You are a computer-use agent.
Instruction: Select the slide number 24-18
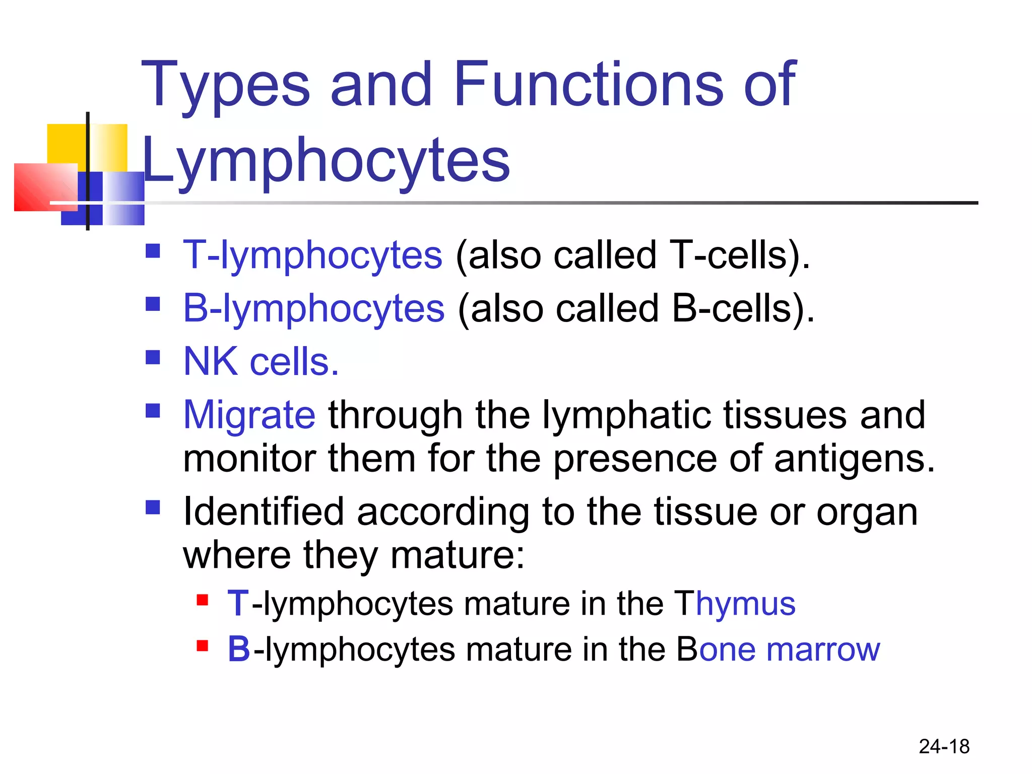coord(944,746)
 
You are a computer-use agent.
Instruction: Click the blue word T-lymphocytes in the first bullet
coord(312,255)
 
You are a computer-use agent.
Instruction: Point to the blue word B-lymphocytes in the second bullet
coord(313,308)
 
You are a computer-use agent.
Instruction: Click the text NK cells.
coord(261,362)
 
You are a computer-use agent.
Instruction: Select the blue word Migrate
coord(249,415)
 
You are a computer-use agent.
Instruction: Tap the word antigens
coord(854,459)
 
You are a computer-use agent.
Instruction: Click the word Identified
coord(264,512)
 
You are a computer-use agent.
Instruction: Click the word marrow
coord(823,650)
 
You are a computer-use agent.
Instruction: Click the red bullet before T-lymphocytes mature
coord(203,600)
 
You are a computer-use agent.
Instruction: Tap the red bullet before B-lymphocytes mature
coord(203,646)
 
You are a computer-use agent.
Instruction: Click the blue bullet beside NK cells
coord(153,357)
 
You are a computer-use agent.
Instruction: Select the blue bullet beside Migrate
coord(153,411)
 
